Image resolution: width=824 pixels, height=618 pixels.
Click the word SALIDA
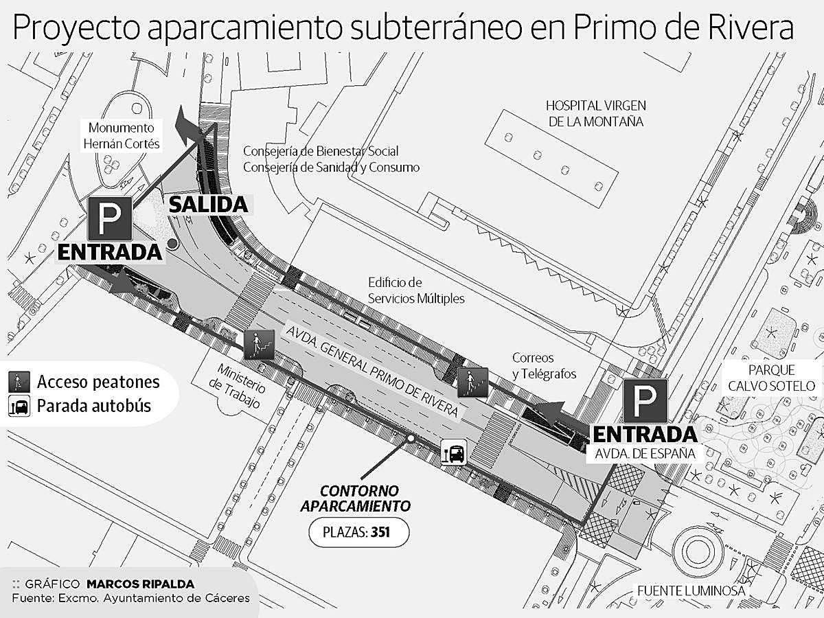[x=207, y=205]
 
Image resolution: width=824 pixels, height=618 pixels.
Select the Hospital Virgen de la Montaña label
[x=595, y=113]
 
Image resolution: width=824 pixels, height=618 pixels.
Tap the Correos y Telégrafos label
[x=544, y=366]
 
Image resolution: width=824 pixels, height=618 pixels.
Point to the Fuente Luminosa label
[x=691, y=591]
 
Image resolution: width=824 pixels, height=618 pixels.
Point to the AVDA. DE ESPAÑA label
[x=641, y=454]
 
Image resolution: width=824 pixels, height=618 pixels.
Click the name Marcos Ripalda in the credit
[x=140, y=584]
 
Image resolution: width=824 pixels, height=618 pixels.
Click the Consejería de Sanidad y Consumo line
[x=331, y=167]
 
